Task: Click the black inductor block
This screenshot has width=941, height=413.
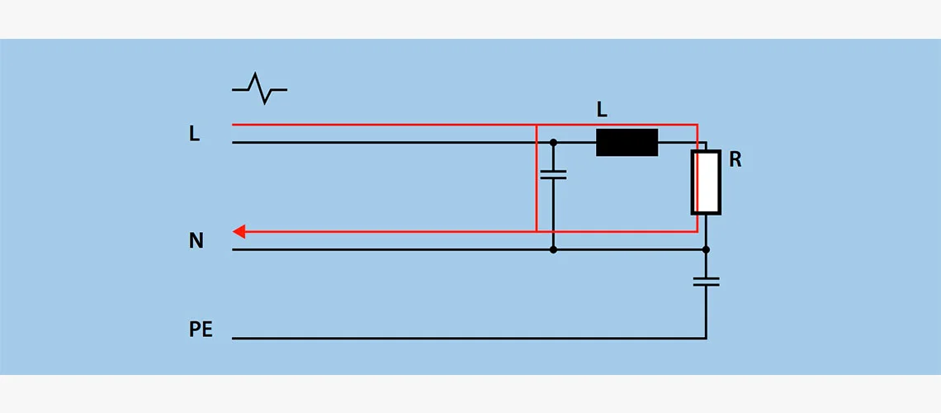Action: click(x=627, y=142)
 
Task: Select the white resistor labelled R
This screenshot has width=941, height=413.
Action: click(x=706, y=183)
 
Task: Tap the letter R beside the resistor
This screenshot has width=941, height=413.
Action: click(x=735, y=160)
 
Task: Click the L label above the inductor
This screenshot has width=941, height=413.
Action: click(x=603, y=109)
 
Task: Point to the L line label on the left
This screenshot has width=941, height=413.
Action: click(x=195, y=134)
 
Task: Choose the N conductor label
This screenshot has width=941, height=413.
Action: click(x=196, y=241)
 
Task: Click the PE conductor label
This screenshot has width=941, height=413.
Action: click(x=201, y=330)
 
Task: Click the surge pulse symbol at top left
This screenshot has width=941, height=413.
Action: click(x=259, y=88)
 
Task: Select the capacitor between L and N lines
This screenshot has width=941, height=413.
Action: click(x=553, y=174)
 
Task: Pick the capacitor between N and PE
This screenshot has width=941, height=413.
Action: click(x=706, y=282)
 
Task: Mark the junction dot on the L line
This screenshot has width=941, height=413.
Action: click(x=553, y=142)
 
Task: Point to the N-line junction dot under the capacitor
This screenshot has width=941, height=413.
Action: click(x=553, y=249)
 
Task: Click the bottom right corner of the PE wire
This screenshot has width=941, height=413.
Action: click(x=706, y=338)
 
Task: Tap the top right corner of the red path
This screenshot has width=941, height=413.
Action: click(x=697, y=125)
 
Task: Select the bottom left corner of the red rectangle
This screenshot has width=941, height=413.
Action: click(x=537, y=231)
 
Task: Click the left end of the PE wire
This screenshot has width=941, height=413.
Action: click(x=234, y=338)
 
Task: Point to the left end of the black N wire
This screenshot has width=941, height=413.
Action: click(x=234, y=249)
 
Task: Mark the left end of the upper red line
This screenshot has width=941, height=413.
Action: click(x=234, y=125)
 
